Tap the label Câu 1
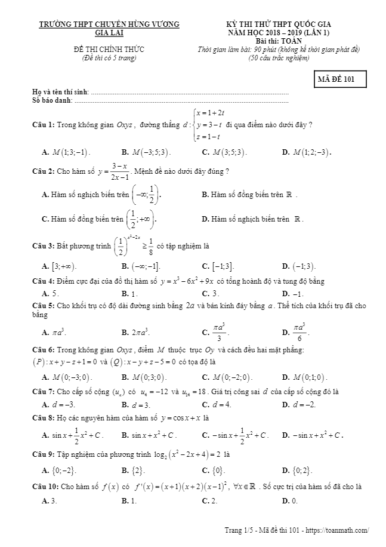click(44, 125)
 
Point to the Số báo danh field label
click(52, 100)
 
